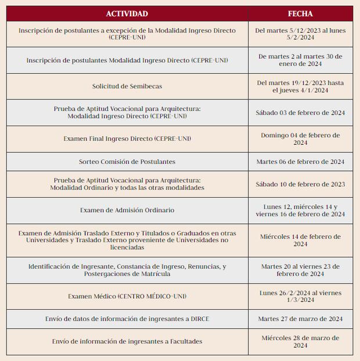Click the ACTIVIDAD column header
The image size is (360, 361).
(x=127, y=13)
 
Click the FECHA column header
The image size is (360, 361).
(x=300, y=13)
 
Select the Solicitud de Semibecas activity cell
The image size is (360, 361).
(x=127, y=86)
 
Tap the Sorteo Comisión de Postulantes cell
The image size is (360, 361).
(x=127, y=162)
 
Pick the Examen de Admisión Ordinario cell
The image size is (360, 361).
(x=127, y=210)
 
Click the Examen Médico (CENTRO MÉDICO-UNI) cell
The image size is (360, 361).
(x=127, y=296)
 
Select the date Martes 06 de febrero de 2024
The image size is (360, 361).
(x=300, y=162)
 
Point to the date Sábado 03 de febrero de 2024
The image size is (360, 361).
(x=300, y=113)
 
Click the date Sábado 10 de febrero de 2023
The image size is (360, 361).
(x=300, y=184)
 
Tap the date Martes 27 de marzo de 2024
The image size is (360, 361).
(x=300, y=319)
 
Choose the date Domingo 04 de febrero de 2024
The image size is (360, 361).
(x=300, y=138)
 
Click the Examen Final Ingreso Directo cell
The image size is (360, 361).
(x=127, y=139)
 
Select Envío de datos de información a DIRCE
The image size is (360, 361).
(x=127, y=319)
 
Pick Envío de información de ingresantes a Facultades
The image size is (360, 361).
(x=127, y=341)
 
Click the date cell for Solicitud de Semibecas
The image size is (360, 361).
(x=300, y=86)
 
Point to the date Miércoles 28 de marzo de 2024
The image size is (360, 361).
(x=300, y=341)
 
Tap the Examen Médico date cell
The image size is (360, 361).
(x=300, y=296)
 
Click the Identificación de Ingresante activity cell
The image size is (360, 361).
(x=127, y=270)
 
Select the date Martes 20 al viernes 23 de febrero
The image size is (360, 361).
(x=300, y=270)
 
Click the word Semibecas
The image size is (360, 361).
(x=144, y=86)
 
